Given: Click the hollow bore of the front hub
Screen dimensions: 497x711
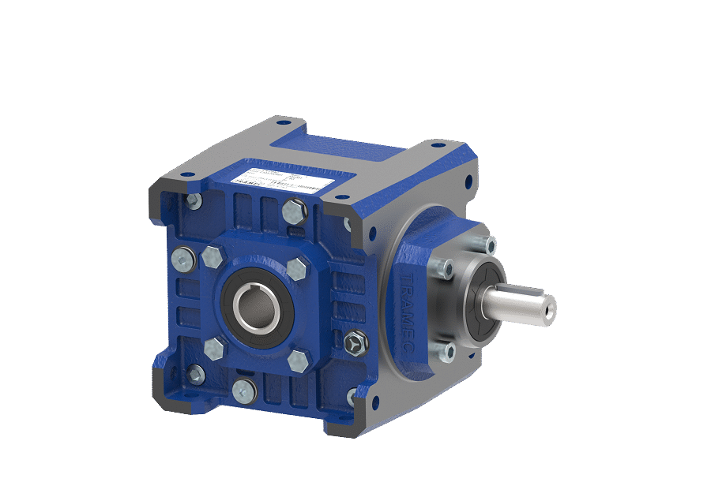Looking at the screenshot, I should click(258, 305).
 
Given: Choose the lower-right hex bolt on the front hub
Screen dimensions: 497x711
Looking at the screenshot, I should click(298, 361).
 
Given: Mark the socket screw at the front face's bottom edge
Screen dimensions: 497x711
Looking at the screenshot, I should click(244, 388).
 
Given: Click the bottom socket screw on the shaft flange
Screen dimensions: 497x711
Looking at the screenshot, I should click(449, 350).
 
